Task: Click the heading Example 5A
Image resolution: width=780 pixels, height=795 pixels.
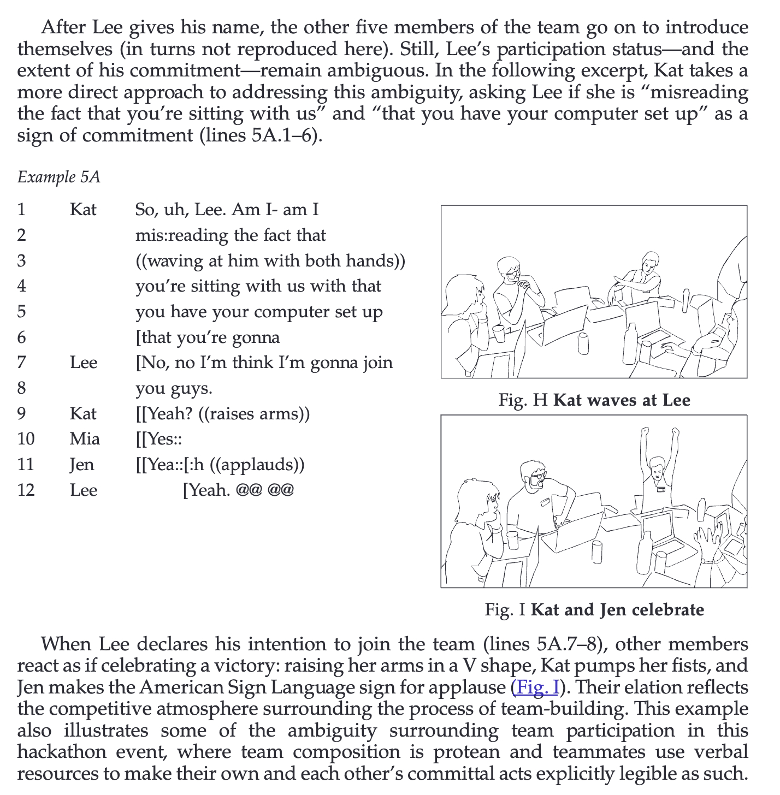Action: click(59, 177)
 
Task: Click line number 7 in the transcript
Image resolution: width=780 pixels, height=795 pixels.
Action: click(22, 363)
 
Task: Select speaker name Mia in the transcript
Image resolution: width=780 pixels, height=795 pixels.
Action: click(85, 439)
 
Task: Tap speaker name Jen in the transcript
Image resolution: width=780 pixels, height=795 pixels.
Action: click(82, 465)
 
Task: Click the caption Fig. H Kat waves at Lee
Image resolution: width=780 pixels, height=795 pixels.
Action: click(594, 400)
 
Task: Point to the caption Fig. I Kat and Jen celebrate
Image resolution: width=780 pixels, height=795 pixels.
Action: click(594, 609)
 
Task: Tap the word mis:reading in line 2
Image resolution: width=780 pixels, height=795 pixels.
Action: click(182, 235)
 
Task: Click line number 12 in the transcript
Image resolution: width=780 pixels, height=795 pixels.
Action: click(26, 490)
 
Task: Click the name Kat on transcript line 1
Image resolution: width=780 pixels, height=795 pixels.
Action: click(83, 210)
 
